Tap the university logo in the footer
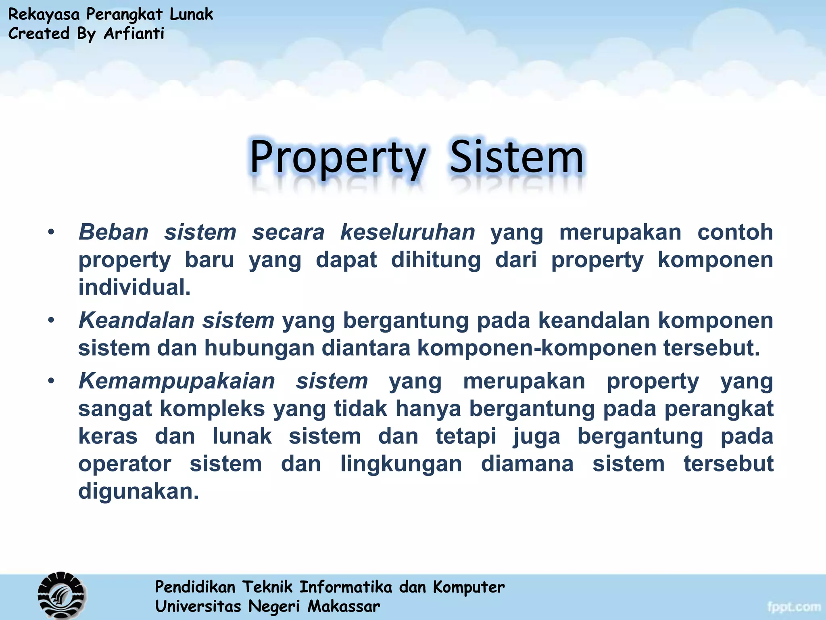pyautogui.click(x=62, y=595)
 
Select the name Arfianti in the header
pyautogui.click(x=134, y=34)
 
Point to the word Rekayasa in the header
pyautogui.click(x=44, y=14)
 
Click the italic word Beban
pyautogui.click(x=114, y=232)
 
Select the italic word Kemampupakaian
pyautogui.click(x=177, y=381)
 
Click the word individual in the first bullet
pyautogui.click(x=134, y=287)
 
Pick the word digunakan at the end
pyautogui.click(x=138, y=491)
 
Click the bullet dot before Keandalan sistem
pyautogui.click(x=51, y=320)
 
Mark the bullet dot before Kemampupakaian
pyautogui.click(x=51, y=381)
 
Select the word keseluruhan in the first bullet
pyautogui.click(x=408, y=232)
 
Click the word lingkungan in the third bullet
pyautogui.click(x=401, y=464)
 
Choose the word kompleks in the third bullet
pyautogui.click(x=212, y=408)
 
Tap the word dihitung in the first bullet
pyautogui.click(x=436, y=260)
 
